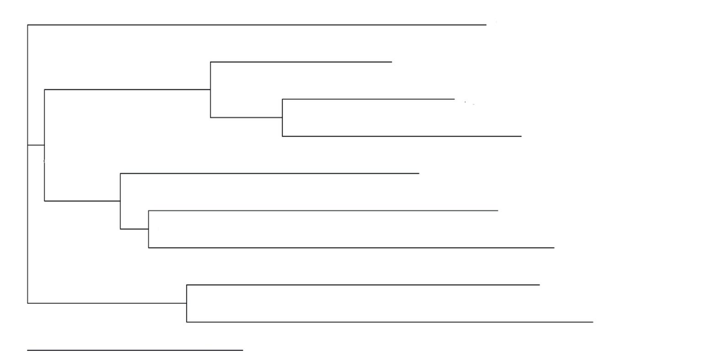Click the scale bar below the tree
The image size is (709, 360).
tap(135, 350)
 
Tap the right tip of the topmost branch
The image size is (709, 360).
tap(486, 25)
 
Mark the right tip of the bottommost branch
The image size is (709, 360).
tap(593, 322)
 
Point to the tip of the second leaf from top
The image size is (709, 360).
tap(392, 62)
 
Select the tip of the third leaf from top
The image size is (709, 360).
tap(454, 99)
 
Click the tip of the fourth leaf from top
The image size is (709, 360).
tap(521, 136)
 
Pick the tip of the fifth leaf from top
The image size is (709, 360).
tap(419, 173)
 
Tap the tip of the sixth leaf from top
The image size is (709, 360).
tap(498, 211)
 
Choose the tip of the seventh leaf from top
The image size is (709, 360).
tap(554, 248)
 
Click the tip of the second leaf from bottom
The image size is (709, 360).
tap(539, 285)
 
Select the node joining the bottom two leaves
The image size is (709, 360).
tap(187, 303)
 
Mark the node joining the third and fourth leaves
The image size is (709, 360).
tap(282, 118)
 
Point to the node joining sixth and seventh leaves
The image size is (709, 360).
tap(149, 229)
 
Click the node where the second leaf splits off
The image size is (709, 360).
tap(210, 90)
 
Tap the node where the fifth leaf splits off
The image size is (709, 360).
tap(120, 201)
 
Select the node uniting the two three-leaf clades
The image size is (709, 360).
tap(44, 145)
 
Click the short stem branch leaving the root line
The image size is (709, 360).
tap(36, 145)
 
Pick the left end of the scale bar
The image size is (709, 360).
tap(28, 350)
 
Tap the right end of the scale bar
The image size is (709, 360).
tap(243, 350)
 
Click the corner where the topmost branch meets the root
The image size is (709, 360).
tap(28, 25)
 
